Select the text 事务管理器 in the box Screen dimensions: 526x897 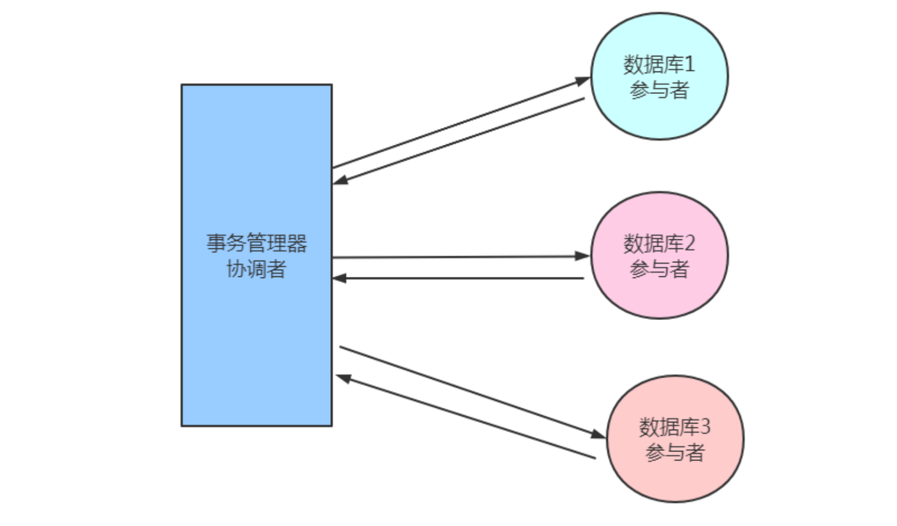[x=256, y=244]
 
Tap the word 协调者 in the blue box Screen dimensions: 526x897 [x=256, y=269]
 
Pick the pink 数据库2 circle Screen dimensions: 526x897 [x=659, y=297]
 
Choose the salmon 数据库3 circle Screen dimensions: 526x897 [x=675, y=479]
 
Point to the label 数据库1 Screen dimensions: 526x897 [x=659, y=64]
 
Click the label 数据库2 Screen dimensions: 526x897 [x=659, y=244]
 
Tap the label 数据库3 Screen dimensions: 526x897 [x=674, y=427]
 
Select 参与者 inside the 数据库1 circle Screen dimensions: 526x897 [x=659, y=90]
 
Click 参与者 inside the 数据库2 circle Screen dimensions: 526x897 [x=659, y=269]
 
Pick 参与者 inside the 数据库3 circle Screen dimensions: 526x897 [x=675, y=453]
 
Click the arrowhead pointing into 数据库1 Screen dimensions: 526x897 [x=583, y=80]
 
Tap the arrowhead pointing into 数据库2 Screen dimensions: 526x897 [x=582, y=256]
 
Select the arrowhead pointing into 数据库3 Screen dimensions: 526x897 [x=598, y=434]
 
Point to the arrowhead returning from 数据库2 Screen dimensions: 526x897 [x=339, y=278]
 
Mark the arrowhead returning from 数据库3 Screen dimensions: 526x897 [x=344, y=378]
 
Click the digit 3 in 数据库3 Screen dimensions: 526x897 [x=705, y=427]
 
